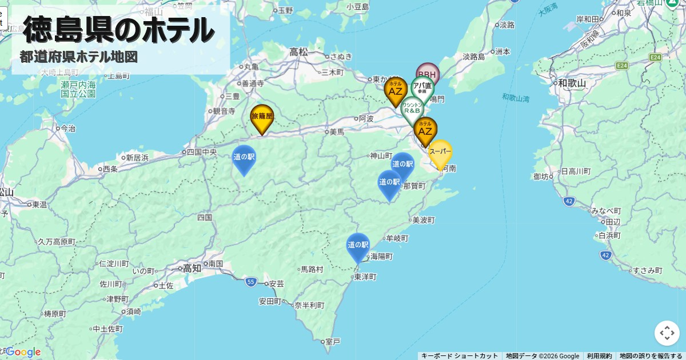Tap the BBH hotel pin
[x=427, y=74]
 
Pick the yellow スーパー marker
[x=440, y=153]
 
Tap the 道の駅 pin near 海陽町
[x=358, y=246]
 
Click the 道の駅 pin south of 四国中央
[x=244, y=158]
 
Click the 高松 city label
[x=298, y=51]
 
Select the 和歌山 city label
[x=572, y=83]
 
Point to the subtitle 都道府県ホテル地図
[x=79, y=57]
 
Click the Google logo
[x=23, y=352]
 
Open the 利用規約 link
[x=599, y=356]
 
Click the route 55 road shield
[x=251, y=282]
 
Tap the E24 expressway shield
[x=655, y=57]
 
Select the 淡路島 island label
[x=473, y=57]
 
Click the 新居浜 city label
[x=138, y=157]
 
